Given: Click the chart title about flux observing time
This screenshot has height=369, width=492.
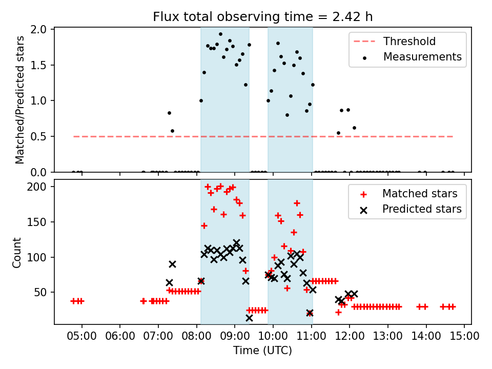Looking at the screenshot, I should click(x=262, y=17).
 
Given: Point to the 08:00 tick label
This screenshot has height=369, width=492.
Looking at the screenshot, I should click(x=196, y=337).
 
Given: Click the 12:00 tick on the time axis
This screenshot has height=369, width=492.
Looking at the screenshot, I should click(x=350, y=337).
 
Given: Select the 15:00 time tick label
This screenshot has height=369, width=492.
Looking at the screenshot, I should click(x=464, y=337).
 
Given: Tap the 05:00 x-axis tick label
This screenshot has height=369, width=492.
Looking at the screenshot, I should click(x=81, y=337).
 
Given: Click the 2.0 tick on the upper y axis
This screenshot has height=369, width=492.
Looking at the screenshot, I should click(x=40, y=29).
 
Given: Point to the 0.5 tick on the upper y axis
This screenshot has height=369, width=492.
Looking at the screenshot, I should click(x=40, y=136).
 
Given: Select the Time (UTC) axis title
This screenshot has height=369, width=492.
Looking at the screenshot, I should click(x=262, y=351).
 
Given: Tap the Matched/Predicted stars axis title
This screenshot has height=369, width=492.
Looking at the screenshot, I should click(x=19, y=100).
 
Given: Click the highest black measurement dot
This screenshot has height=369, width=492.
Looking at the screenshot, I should click(x=220, y=34).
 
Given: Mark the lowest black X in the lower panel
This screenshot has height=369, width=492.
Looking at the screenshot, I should click(x=249, y=318).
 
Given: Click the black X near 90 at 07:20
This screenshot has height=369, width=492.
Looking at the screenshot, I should click(x=172, y=264).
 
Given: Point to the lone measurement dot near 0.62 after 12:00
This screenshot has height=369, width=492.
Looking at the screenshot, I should click(x=354, y=128).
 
